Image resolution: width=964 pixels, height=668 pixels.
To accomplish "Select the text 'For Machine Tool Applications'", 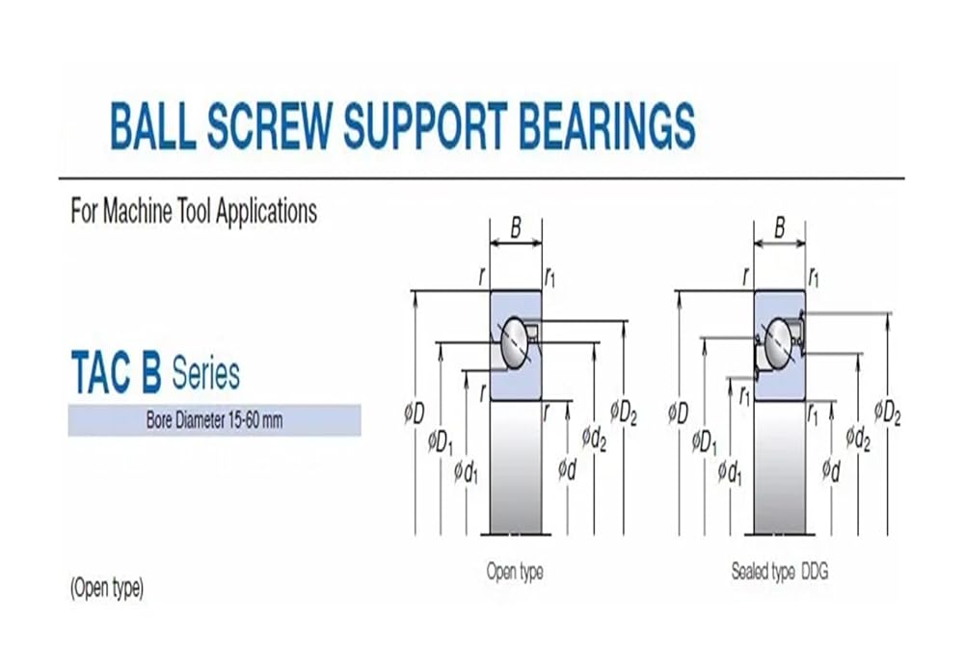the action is point(194,211).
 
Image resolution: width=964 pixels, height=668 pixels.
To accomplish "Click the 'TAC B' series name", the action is point(116,373).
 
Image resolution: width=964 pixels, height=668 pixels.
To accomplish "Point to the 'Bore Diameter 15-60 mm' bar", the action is point(214,420).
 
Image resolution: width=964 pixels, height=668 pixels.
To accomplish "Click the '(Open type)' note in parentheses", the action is point(107,589).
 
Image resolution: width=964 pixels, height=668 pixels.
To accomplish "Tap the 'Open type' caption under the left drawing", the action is point(514,572).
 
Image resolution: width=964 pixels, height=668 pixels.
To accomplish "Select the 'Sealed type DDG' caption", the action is point(779,572).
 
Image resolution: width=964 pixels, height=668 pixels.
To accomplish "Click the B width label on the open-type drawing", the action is point(516,227).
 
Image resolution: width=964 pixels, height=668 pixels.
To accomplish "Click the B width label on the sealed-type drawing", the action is point(780,227).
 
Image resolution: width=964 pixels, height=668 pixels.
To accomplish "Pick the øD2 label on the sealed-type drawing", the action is point(887,413).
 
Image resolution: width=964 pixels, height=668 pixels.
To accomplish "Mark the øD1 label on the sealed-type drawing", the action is point(705,443).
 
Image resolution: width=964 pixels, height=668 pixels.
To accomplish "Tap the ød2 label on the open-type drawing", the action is point(595,439).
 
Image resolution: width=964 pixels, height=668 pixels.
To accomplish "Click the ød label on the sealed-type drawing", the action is point(831,470).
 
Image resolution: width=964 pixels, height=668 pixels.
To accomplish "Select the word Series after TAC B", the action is point(205,373).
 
